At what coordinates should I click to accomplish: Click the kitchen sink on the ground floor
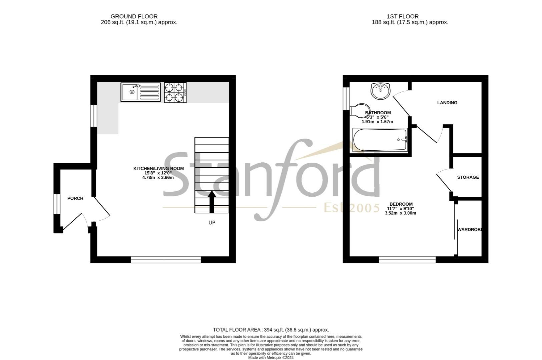[x=140, y=92]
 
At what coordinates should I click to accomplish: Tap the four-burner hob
[x=175, y=92]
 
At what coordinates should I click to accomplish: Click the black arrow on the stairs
[x=212, y=201]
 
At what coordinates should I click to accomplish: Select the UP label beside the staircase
[x=212, y=223]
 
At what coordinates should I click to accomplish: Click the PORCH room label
[x=75, y=198]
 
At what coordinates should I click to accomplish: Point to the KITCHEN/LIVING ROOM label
[x=158, y=169]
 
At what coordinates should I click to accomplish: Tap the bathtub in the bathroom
[x=380, y=140]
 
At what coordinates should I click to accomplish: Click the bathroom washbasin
[x=380, y=91]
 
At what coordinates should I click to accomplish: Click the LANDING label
[x=447, y=103]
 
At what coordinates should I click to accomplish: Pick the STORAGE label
[x=468, y=177]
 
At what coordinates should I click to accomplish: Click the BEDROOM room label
[x=401, y=204]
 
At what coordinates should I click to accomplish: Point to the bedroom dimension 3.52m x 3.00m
[x=400, y=213]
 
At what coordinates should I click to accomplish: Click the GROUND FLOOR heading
[x=134, y=16]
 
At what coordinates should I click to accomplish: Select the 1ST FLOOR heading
[x=403, y=16]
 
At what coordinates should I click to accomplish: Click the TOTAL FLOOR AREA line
[x=271, y=330]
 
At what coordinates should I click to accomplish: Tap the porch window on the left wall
[x=57, y=203]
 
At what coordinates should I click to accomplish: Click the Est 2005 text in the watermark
[x=352, y=208]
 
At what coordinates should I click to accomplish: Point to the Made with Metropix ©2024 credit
[x=271, y=358]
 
